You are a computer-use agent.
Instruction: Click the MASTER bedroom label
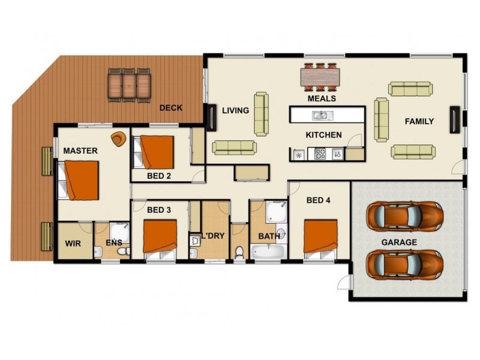click(x=80, y=151)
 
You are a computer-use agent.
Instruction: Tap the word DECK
click(x=170, y=108)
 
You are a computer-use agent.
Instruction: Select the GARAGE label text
click(x=399, y=242)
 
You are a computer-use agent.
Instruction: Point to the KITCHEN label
click(x=323, y=135)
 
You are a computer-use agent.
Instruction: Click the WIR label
click(x=73, y=245)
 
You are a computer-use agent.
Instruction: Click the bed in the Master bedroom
click(x=79, y=180)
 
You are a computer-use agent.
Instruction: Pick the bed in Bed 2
click(x=155, y=152)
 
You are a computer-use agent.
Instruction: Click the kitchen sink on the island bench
click(x=319, y=115)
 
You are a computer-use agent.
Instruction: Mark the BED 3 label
click(x=159, y=210)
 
